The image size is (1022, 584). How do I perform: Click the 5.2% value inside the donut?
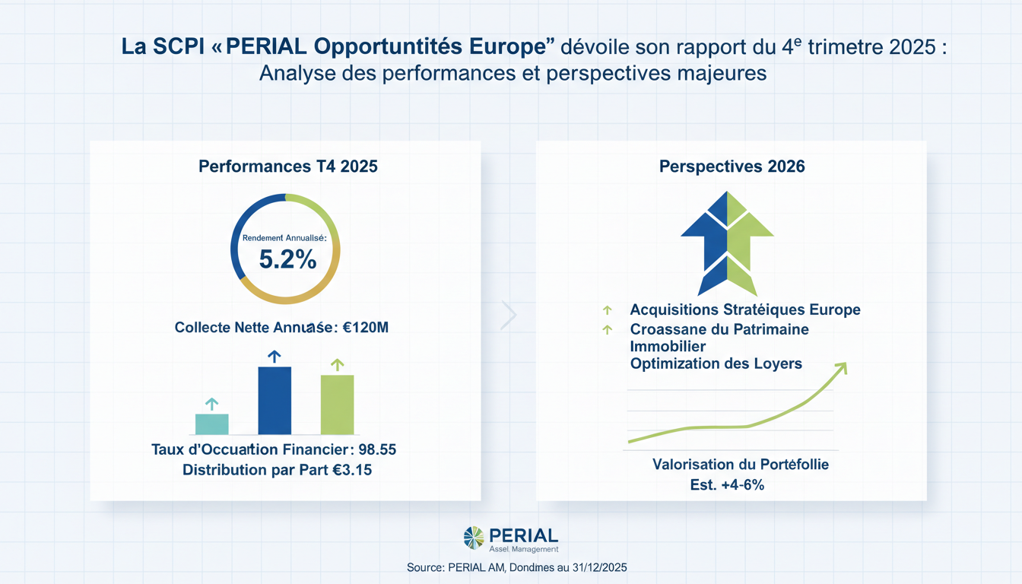(287, 260)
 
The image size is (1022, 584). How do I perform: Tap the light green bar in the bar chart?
(337, 405)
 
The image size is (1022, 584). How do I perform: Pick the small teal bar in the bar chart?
(212, 424)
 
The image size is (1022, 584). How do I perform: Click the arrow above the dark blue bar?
(275, 356)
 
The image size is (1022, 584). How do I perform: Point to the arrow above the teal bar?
(212, 404)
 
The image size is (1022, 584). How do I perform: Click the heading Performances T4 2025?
(287, 166)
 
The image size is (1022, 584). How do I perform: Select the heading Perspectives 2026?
(732, 166)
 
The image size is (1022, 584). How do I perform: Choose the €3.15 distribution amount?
(352, 470)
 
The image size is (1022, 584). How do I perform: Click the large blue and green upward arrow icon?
(727, 242)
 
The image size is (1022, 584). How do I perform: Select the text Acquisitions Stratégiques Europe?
(745, 309)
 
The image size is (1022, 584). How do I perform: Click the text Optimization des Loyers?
(716, 363)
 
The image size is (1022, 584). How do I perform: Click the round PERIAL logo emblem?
(474, 538)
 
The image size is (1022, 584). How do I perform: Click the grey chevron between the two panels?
(509, 315)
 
